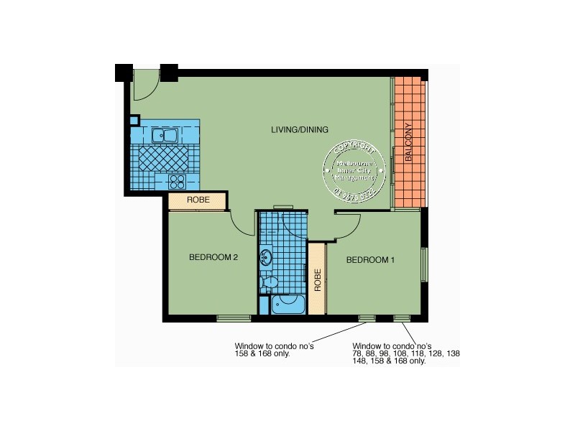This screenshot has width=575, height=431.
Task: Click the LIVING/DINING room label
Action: click(x=299, y=130)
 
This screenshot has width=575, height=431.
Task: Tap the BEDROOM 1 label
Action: click(x=371, y=260)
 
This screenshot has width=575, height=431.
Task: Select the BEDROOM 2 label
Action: click(x=213, y=257)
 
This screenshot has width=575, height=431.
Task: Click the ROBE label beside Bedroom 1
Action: click(x=316, y=279)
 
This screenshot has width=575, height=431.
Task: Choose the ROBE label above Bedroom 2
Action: click(x=198, y=200)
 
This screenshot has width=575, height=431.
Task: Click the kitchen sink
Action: click(x=165, y=134)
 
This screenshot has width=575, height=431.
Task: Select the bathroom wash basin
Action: click(x=266, y=256)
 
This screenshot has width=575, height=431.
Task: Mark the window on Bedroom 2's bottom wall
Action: click(x=234, y=318)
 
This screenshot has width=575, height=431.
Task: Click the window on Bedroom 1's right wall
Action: click(x=424, y=266)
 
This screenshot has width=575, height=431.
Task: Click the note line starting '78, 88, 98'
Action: click(x=406, y=354)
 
